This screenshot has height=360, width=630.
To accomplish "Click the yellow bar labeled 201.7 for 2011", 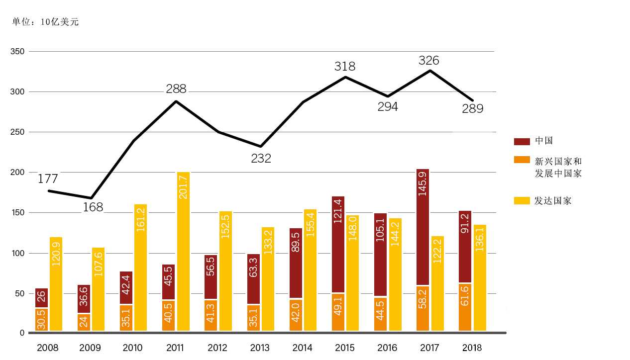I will pos(183,251).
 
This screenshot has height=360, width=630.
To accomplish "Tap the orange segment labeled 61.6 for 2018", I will pos(465,307).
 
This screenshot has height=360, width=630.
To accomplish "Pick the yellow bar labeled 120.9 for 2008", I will pos(56,284).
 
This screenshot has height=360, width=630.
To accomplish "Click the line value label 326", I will pos(429,61).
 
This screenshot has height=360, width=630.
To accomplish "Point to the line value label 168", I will pos(93,207).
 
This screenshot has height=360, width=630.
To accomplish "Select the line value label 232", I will pos(261,159).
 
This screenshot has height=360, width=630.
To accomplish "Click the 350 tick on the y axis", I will pos(18,51).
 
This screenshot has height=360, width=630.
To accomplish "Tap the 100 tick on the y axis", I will pos(18,253).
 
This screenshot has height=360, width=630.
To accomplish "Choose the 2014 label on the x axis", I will pos(303,348).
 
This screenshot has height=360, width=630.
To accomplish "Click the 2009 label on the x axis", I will pos(90,348).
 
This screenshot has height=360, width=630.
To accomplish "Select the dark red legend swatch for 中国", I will pos(522,141).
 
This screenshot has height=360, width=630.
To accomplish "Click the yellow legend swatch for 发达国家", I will pos(522,201).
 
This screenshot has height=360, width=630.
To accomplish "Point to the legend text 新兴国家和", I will pos(558,162).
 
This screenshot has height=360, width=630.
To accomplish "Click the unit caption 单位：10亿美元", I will pos(45,22).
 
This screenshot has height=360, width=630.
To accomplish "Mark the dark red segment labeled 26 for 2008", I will pos(41,298).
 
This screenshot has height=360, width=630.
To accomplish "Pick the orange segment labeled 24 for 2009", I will pos(84,322).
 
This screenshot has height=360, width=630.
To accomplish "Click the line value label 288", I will pos(176,89).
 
